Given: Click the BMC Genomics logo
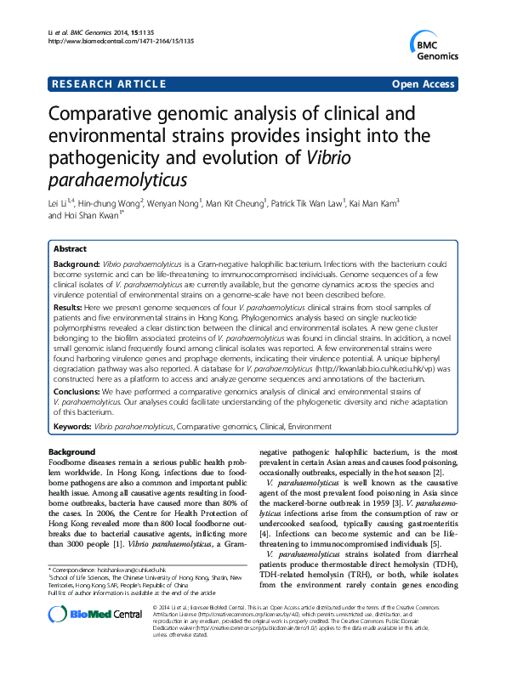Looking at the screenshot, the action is (x=434, y=43).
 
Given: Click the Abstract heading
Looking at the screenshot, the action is (x=70, y=249).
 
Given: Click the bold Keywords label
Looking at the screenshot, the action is (x=72, y=425).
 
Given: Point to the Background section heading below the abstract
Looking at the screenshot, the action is (x=72, y=451).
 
